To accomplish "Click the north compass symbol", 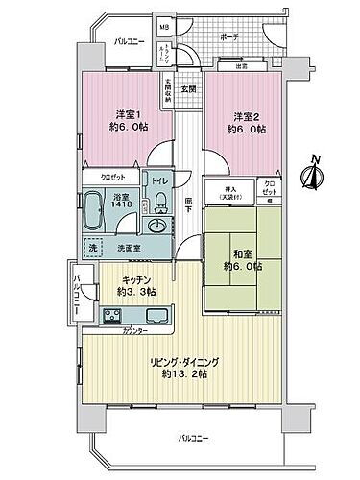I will click(312, 175).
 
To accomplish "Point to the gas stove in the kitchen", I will click(111, 316).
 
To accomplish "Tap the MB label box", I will click(164, 29).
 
